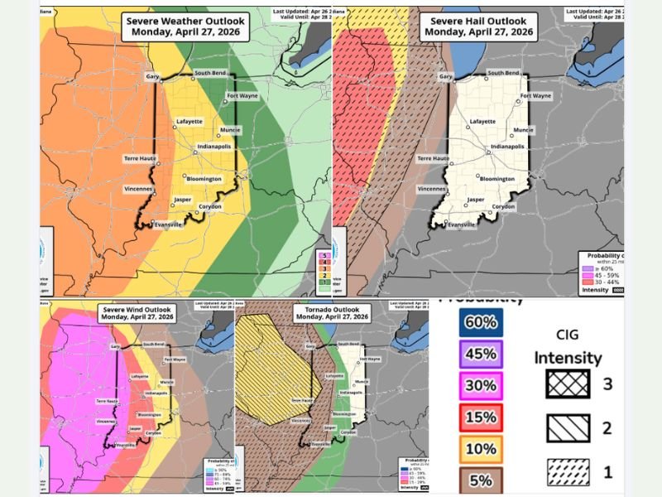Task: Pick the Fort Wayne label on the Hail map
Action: [x=535, y=96]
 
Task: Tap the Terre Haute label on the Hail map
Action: [x=433, y=157]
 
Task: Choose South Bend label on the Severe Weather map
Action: [x=211, y=73]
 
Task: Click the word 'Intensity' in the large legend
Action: [x=568, y=359]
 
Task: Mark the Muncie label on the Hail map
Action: [x=523, y=130]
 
